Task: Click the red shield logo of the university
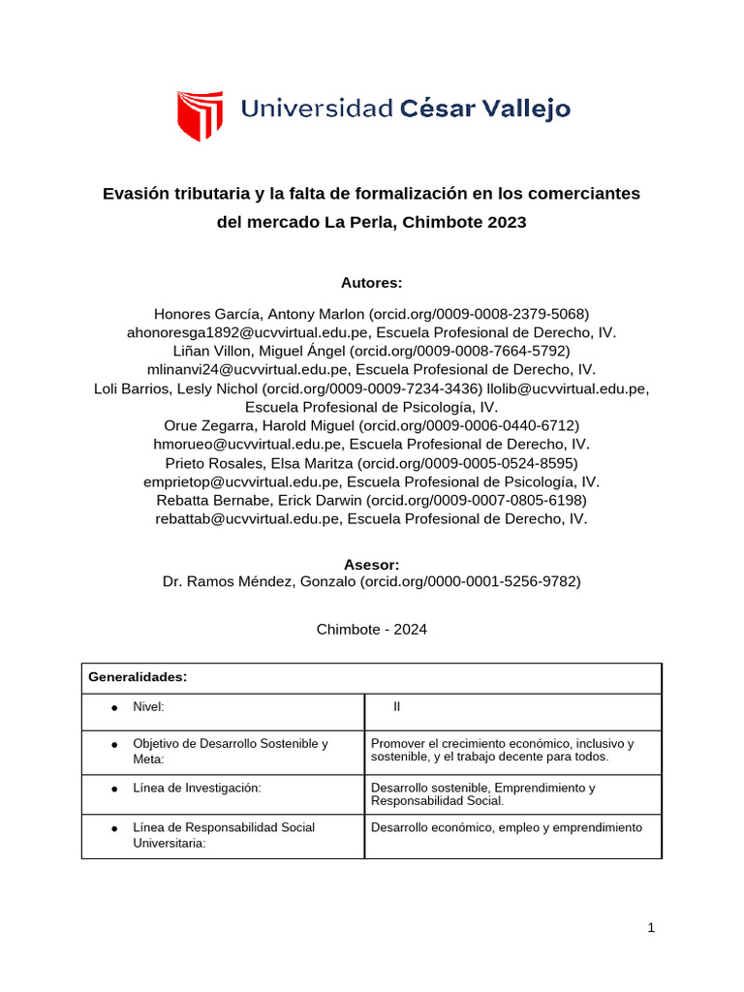point(200,115)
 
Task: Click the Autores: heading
point(371,283)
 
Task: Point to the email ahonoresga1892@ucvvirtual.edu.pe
point(249,332)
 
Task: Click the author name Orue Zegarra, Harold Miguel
point(253,425)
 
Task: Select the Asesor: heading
point(371,565)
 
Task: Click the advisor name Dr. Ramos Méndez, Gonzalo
point(260,582)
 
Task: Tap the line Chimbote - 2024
point(371,630)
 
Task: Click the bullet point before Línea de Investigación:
point(114,790)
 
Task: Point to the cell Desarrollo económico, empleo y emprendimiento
point(506,828)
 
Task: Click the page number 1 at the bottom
point(652,928)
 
